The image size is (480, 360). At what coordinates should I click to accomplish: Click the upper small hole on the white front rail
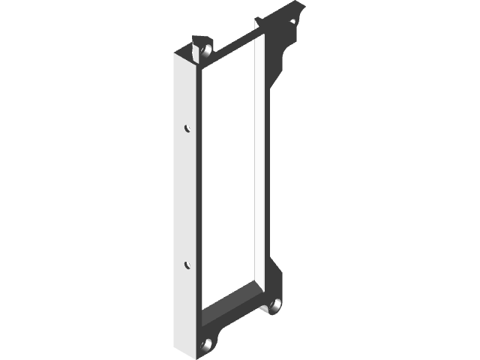(x=187, y=128)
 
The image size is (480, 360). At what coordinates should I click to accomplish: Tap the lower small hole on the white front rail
(x=187, y=264)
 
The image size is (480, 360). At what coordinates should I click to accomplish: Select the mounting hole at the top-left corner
(x=204, y=51)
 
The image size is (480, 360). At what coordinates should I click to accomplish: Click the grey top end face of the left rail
(x=187, y=57)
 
